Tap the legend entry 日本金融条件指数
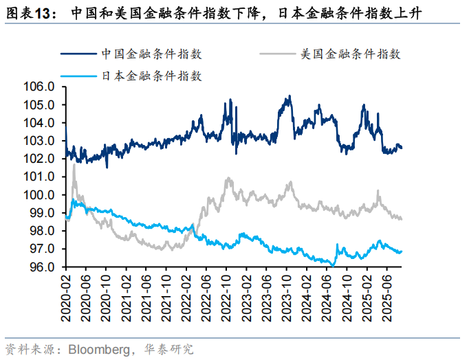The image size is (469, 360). [151, 76]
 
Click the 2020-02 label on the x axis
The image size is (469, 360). [66, 296]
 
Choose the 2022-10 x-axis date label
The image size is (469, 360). [226, 296]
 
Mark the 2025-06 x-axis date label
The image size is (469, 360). [386, 296]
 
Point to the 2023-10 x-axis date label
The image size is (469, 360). [286, 296]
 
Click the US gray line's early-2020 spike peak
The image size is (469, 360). [74, 165]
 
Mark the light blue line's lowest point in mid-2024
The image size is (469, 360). [333, 265]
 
